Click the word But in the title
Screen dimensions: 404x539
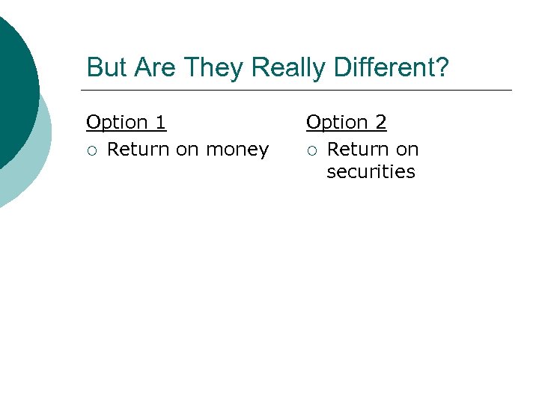(104, 67)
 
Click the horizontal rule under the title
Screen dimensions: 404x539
(299, 90)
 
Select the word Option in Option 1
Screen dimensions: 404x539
(117, 122)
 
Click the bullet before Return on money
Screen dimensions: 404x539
(91, 150)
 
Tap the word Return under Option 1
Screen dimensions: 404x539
(138, 150)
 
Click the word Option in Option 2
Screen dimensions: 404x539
(337, 122)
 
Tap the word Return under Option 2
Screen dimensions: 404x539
(359, 150)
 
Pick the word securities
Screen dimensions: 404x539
(371, 172)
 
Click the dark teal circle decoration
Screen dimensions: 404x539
(11, 90)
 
